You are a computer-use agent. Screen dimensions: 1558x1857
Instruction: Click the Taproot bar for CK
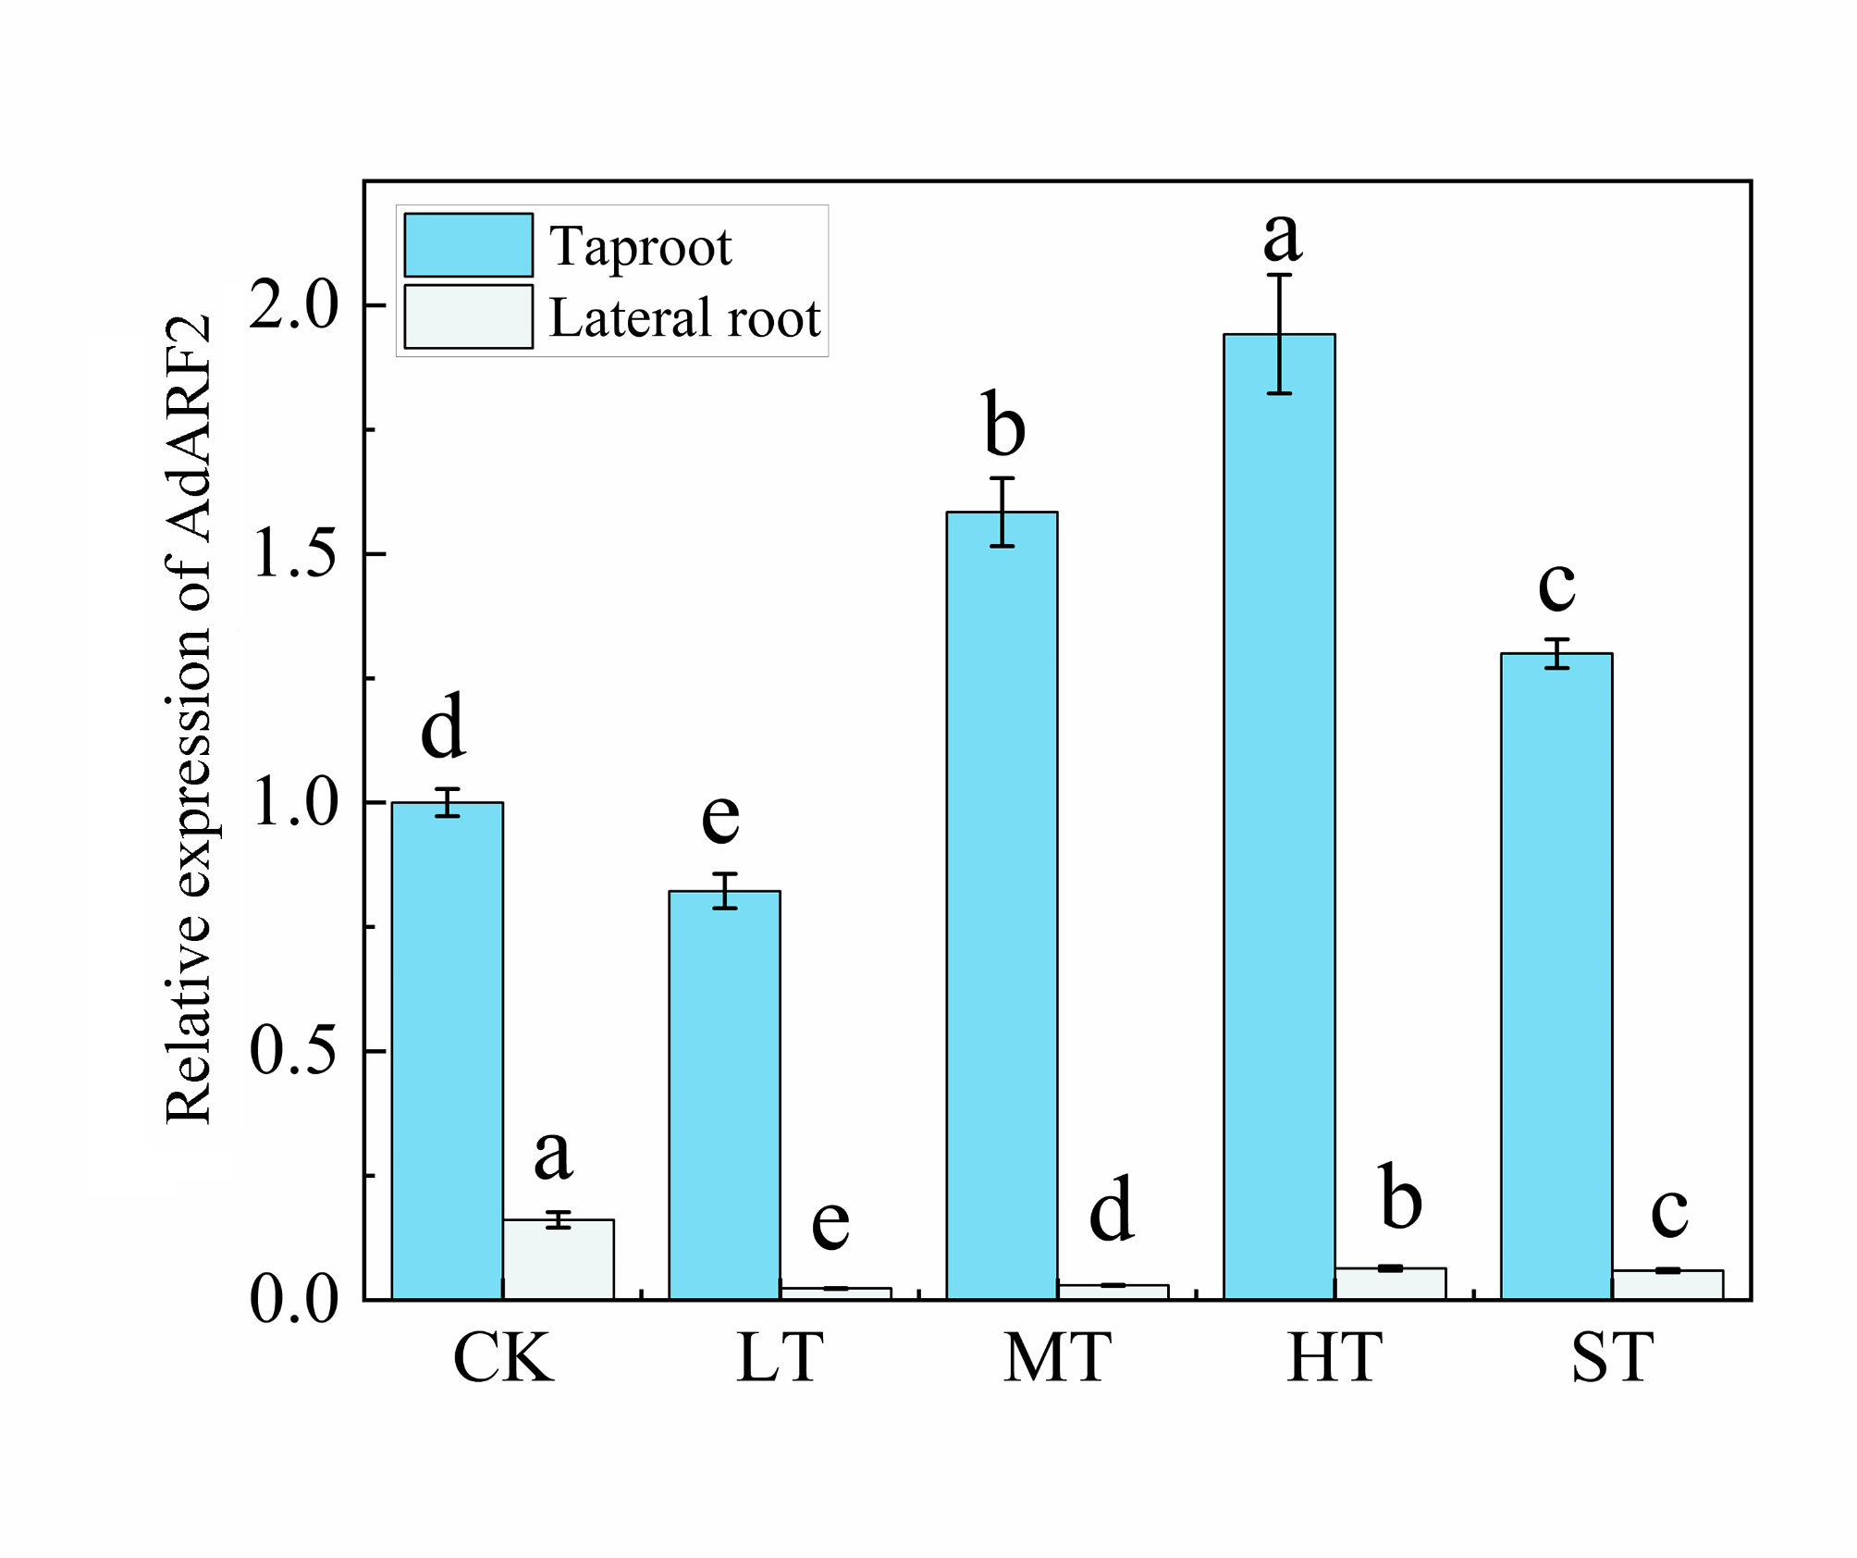pyautogui.click(x=447, y=1050)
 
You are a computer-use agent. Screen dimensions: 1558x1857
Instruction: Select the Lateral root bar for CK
pyautogui.click(x=558, y=1259)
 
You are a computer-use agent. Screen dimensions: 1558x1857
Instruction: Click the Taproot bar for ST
pyautogui.click(x=1556, y=976)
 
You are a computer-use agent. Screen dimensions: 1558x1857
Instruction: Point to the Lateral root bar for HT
pyautogui.click(x=1390, y=1284)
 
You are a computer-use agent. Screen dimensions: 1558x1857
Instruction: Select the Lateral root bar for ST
pyautogui.click(x=1667, y=1285)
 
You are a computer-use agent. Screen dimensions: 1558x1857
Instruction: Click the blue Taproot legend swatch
pyautogui.click(x=468, y=245)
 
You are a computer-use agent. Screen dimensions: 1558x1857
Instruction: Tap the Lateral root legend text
pyautogui.click(x=684, y=317)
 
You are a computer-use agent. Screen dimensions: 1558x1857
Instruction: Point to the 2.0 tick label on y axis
pyautogui.click(x=294, y=305)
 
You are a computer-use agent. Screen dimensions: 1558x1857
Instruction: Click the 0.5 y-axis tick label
pyautogui.click(x=292, y=1051)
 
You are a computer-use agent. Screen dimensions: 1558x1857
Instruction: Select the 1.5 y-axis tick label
pyautogui.click(x=294, y=554)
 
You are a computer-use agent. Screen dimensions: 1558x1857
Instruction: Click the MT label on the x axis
pyautogui.click(x=1057, y=1358)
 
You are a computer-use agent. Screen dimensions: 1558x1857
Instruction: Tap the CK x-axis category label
pyautogui.click(x=502, y=1358)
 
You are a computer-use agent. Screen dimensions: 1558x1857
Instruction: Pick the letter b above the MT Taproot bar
pyautogui.click(x=1003, y=425)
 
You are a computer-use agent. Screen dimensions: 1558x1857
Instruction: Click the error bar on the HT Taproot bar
pyautogui.click(x=1279, y=333)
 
